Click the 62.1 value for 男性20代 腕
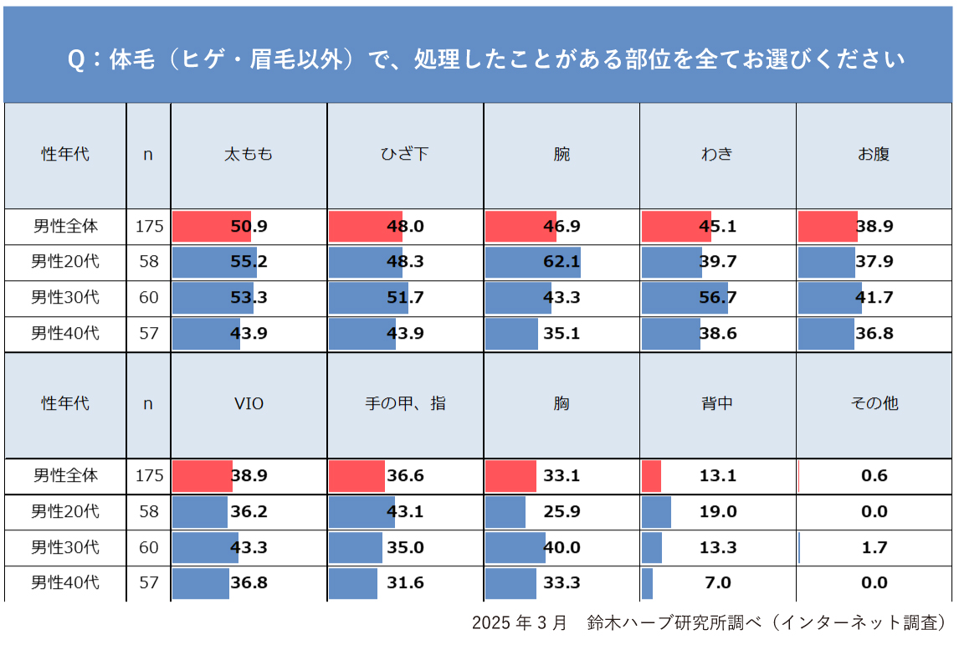(x=562, y=262)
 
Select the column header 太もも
(x=249, y=155)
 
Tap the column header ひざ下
(x=404, y=155)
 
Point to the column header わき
(x=717, y=155)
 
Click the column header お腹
(x=874, y=155)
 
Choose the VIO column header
(x=249, y=403)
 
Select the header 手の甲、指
(x=405, y=403)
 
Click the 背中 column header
(x=717, y=403)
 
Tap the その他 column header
(x=874, y=403)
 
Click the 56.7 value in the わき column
(x=718, y=298)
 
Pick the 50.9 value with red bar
(x=249, y=226)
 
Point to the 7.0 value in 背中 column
(x=718, y=583)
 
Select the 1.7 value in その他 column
(x=874, y=548)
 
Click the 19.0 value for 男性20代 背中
(x=718, y=512)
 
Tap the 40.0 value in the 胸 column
(x=562, y=548)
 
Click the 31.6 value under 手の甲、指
(x=405, y=583)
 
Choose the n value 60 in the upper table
(x=149, y=298)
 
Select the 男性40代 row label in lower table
(x=65, y=583)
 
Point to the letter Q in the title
(x=74, y=61)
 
